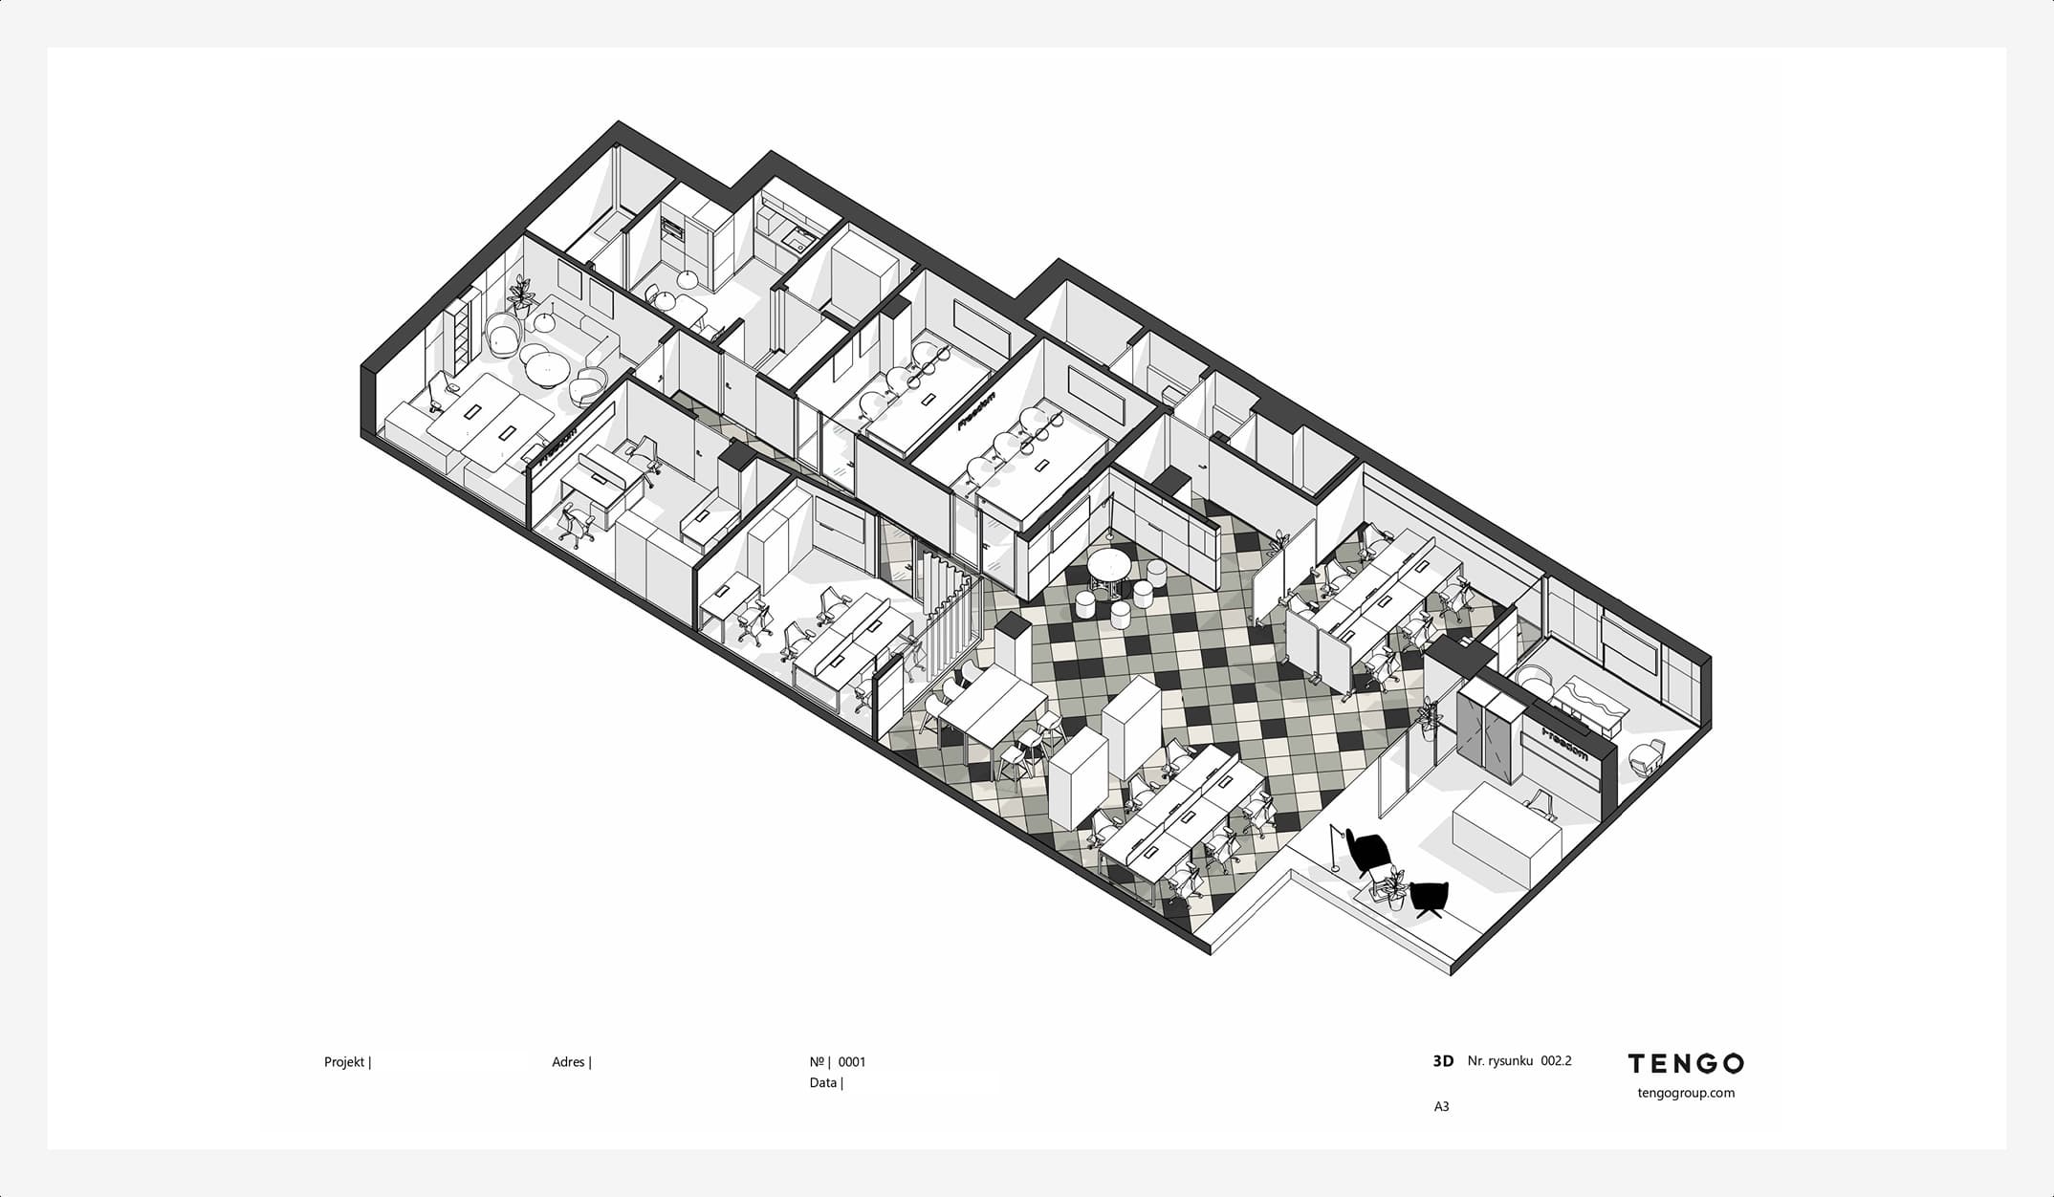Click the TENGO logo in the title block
(x=1685, y=1063)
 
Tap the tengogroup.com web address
(x=1686, y=1093)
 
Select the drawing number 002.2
(x=1556, y=1061)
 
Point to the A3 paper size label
(x=1441, y=1107)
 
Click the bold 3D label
(x=1443, y=1061)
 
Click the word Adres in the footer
(x=568, y=1062)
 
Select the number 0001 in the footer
(x=852, y=1062)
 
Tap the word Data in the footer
(x=823, y=1083)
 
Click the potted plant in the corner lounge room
(x=521, y=295)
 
